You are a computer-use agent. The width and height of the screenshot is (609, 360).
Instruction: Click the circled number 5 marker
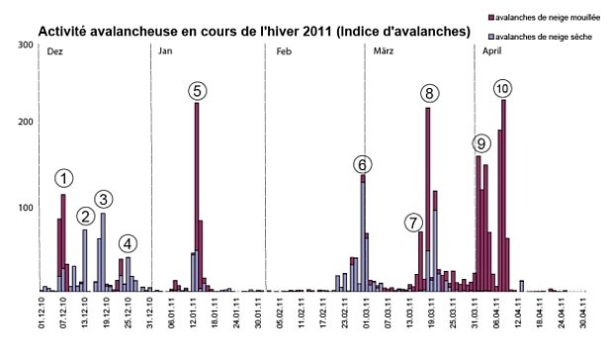click(x=198, y=91)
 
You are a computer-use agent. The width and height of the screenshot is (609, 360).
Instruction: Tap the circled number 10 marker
click(x=502, y=89)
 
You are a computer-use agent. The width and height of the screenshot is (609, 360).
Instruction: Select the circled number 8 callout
click(x=429, y=94)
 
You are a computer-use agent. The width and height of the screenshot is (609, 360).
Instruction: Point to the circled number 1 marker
click(x=63, y=178)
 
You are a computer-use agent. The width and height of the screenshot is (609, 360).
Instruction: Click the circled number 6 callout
click(x=363, y=164)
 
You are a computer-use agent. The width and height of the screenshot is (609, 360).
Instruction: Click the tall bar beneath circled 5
click(x=197, y=198)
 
